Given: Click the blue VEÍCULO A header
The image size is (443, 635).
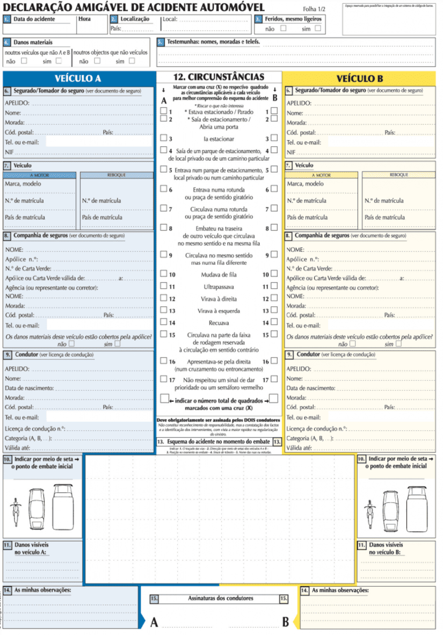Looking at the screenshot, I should coord(78,78).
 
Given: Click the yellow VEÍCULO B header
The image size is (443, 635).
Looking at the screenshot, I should coord(360,78).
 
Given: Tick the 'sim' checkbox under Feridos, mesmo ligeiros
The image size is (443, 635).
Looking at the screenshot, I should coord(318,28).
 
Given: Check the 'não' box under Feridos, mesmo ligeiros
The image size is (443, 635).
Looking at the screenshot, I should coord(283,28).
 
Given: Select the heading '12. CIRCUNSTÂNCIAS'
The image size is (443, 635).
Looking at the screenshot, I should coord(219,77).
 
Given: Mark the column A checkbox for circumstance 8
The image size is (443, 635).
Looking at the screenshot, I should coord(163,227).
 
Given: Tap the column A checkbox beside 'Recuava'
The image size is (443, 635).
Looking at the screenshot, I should coord(163,322).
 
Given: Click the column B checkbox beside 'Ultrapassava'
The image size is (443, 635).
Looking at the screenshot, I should coord(274,286).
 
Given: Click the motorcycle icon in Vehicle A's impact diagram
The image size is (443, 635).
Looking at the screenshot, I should coord(16,511).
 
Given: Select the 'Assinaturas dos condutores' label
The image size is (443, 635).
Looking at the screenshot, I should coord(220,598).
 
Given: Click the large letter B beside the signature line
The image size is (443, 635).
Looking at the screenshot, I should coord(286,622).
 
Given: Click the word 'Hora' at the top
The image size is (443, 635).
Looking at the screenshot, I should coord(84,19).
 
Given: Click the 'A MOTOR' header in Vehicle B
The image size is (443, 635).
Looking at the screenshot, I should coord(321,175).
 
